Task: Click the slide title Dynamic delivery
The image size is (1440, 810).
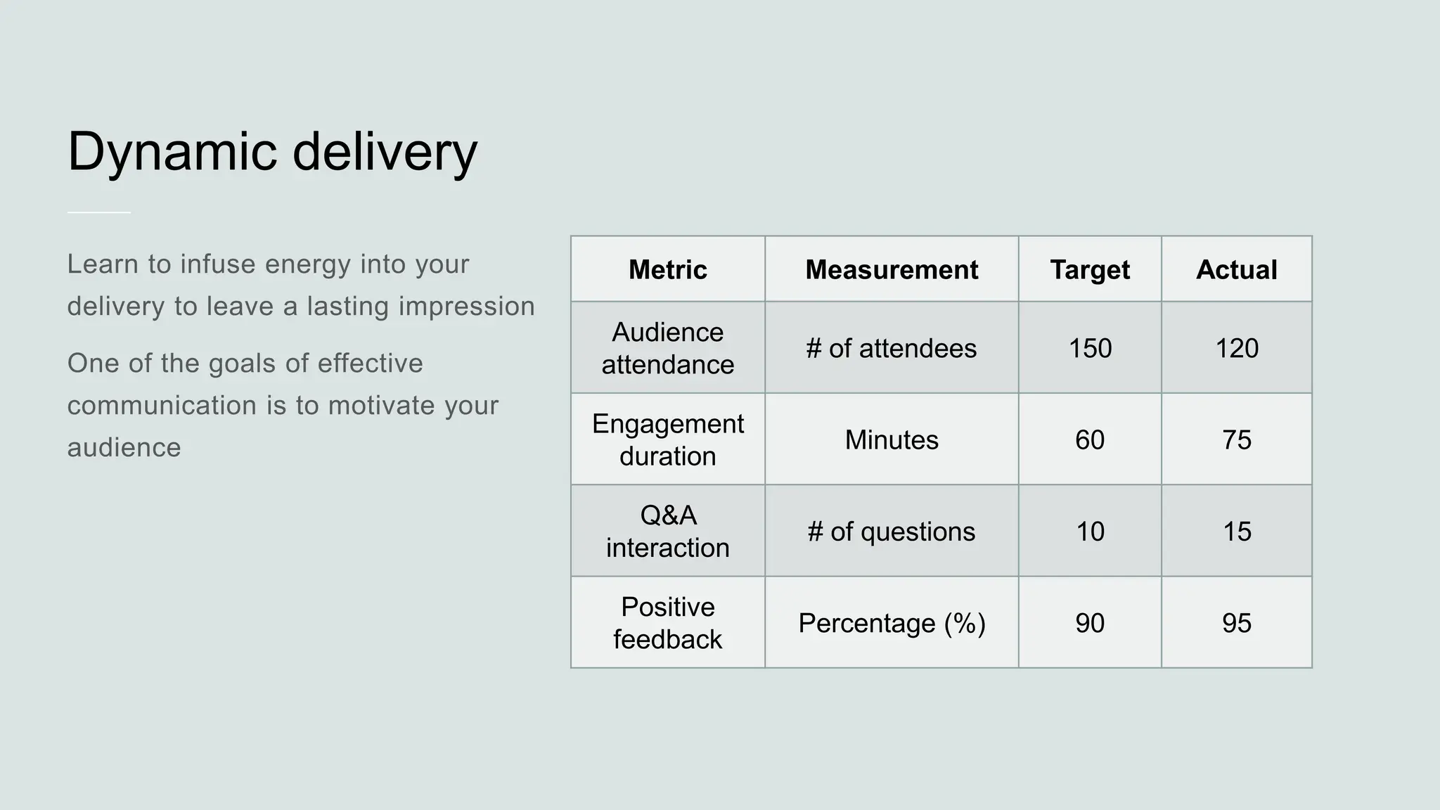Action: pos(272,152)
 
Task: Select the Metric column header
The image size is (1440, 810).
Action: pos(667,270)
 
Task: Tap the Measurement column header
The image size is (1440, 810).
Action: pos(892,270)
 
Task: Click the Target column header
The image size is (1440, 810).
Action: pos(1090,270)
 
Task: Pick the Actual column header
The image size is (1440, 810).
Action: pos(1236,270)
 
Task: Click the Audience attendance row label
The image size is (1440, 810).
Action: pos(667,348)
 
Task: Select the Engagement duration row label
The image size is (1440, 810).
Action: pos(667,439)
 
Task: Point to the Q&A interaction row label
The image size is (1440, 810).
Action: pos(667,532)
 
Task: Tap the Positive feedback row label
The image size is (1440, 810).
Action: pos(667,623)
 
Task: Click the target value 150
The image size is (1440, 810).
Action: pos(1090,349)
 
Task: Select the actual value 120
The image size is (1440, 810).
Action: pos(1237,349)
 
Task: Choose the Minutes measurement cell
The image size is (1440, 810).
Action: pos(892,440)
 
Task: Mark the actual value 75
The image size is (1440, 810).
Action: pos(1237,440)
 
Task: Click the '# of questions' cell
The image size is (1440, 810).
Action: pos(892,532)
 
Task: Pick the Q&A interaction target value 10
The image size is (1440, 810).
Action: pos(1090,532)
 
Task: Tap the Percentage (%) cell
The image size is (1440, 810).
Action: pos(892,623)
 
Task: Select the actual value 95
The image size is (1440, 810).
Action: pos(1237,623)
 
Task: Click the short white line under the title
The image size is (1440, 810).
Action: pos(99,212)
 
